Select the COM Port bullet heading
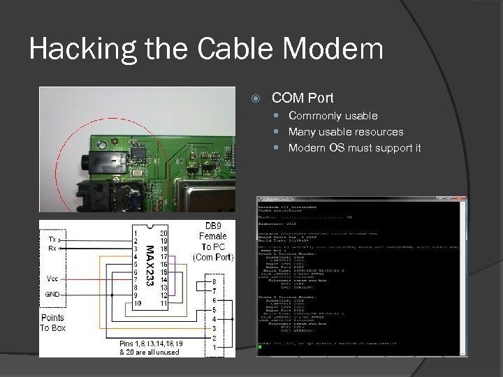[x=302, y=98]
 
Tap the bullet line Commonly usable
[x=333, y=116]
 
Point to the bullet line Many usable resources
[x=346, y=132]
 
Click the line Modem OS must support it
[x=354, y=148]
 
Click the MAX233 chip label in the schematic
[x=150, y=263]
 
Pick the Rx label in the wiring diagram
[x=52, y=248]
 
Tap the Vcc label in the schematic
[x=53, y=278]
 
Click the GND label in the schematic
[x=52, y=295]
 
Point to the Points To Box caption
[x=52, y=323]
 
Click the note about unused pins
[x=150, y=348]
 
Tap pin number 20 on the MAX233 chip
[x=163, y=232]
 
